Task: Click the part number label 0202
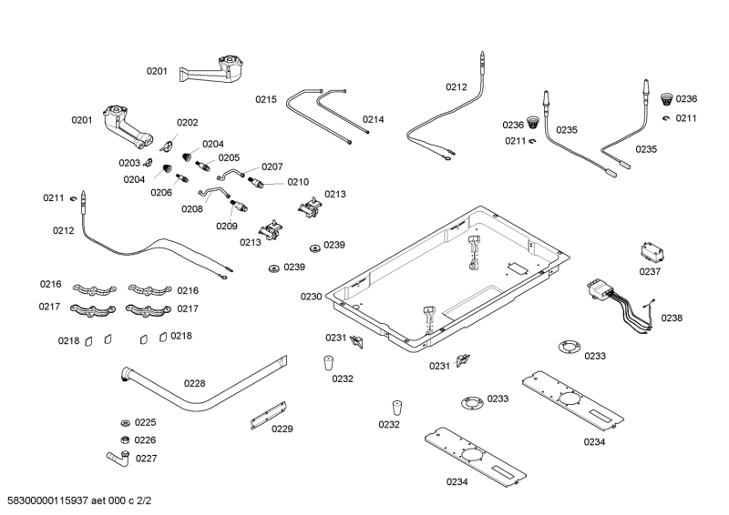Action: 187,122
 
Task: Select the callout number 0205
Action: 228,157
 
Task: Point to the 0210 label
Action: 298,182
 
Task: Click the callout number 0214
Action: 373,119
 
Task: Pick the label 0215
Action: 265,99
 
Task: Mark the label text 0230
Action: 312,297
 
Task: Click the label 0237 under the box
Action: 650,271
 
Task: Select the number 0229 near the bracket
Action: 282,429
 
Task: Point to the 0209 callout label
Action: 226,226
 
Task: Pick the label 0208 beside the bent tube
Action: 191,208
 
